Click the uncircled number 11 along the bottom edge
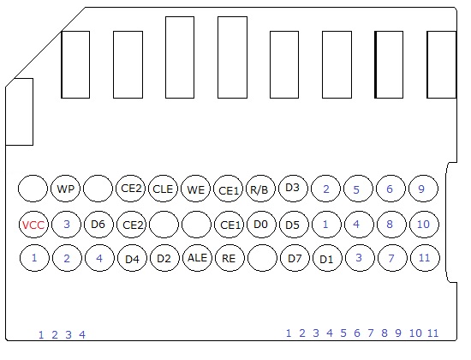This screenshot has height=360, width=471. tap(432, 333)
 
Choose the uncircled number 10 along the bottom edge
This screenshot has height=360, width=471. tap(415, 333)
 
